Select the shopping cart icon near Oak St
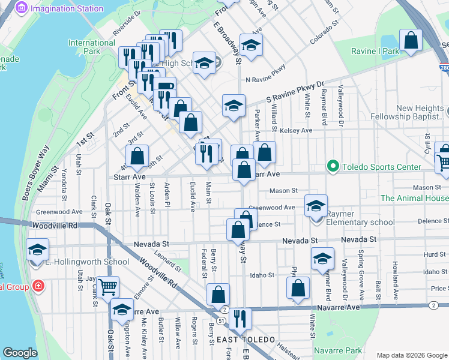coord(107,286)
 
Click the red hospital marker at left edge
coord(39,286)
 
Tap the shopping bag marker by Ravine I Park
coord(411,41)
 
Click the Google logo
coord(20,353)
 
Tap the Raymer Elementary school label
coord(361,218)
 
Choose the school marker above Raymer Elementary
coord(315,206)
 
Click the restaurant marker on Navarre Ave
coord(240,319)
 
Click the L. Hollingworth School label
coord(87,262)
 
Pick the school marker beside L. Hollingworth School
coord(37,249)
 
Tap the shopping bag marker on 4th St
coord(138,156)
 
